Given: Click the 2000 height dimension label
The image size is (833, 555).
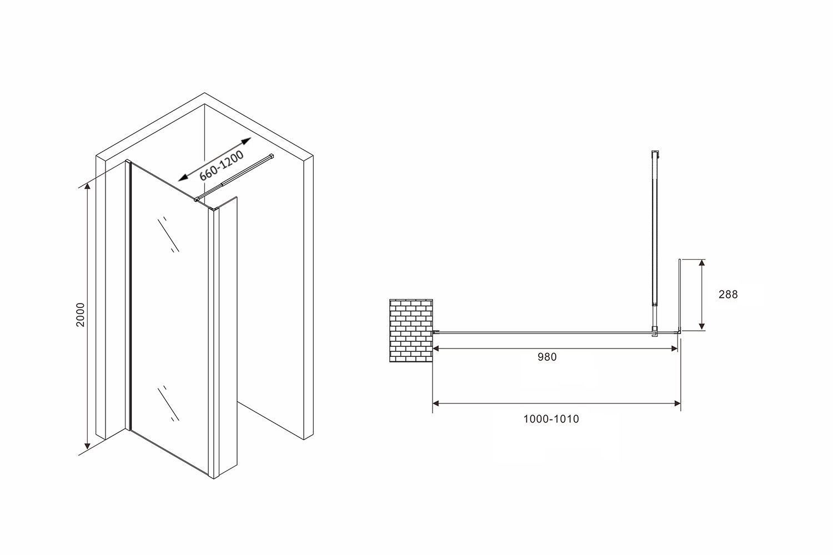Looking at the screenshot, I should (x=81, y=315).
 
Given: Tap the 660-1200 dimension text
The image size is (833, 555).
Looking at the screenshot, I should (x=222, y=165).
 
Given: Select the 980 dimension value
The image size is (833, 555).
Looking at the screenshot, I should (x=547, y=357).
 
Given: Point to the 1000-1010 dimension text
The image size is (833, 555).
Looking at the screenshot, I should (x=551, y=419).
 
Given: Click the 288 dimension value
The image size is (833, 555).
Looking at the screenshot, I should (x=728, y=295).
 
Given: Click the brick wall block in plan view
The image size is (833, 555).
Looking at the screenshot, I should (x=411, y=330).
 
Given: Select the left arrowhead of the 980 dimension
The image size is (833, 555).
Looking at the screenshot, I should (x=437, y=349).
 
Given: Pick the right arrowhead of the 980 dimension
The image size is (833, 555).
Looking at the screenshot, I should (x=674, y=349).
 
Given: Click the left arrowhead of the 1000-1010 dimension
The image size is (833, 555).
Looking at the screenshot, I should (x=437, y=403).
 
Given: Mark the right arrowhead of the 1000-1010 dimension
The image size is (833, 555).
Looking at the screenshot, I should (x=677, y=403).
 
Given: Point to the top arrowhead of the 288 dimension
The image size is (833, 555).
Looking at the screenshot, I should (x=702, y=263).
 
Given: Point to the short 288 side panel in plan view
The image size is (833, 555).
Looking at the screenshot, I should (x=680, y=294).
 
